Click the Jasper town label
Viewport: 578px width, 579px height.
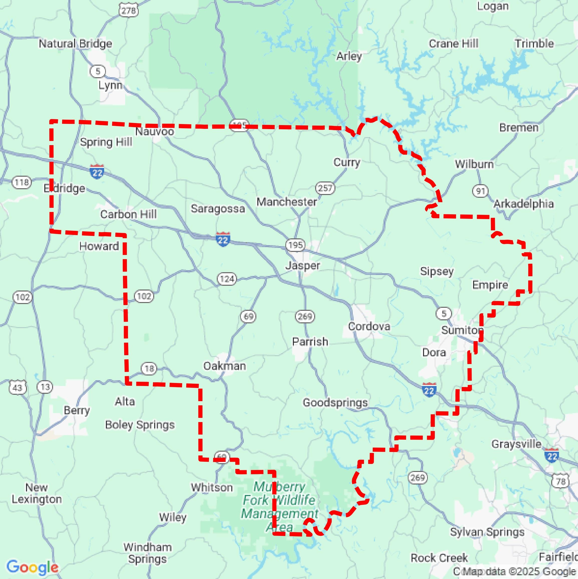coord(302,265)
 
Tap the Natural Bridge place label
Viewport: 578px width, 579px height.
coord(75,44)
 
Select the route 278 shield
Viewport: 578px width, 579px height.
coord(129,11)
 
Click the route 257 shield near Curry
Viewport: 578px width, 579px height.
coord(325,188)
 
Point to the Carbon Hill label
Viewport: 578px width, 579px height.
coord(128,214)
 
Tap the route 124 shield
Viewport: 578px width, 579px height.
coord(227,279)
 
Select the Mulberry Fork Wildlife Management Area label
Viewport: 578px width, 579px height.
coord(280,507)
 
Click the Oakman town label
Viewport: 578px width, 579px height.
coord(225,366)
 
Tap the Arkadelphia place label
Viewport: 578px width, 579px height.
coord(523,204)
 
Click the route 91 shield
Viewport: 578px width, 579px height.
coord(480,191)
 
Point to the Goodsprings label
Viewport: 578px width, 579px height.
coord(335,403)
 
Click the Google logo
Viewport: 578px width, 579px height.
coord(32,567)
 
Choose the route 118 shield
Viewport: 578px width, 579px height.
coord(22,182)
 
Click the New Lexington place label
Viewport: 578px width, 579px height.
coord(37,493)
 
